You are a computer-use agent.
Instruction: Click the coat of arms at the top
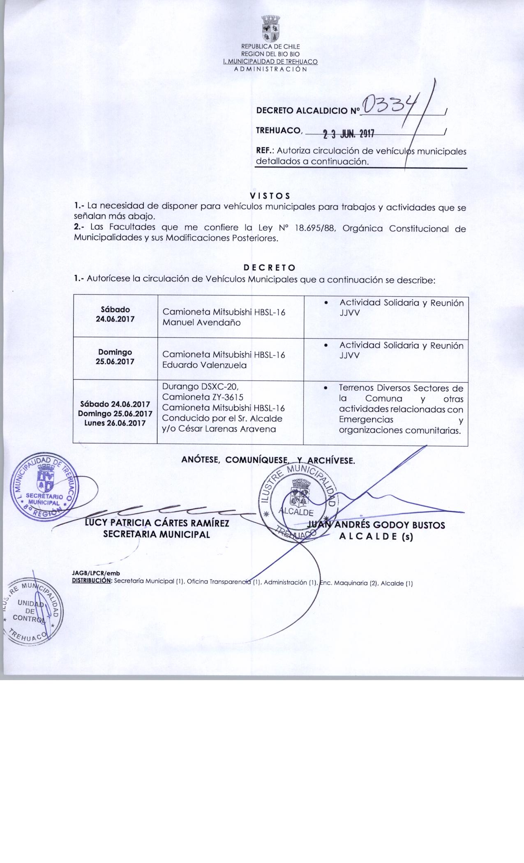pos(270,29)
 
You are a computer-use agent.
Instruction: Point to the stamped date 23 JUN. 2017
pos(348,134)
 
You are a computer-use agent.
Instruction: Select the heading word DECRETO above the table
pos(270,268)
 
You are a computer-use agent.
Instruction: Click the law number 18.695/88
pos(316,228)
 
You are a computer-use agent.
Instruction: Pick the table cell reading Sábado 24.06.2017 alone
pos(115,314)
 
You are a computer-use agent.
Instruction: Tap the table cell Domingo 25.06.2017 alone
pos(115,357)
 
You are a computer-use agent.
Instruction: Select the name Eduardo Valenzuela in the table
pos(204,365)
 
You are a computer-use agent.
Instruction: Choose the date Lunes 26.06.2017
pos(115,423)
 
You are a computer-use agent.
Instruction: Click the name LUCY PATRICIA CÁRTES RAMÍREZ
pos(157,524)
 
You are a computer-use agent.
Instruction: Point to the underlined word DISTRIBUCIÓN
pos(92,582)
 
